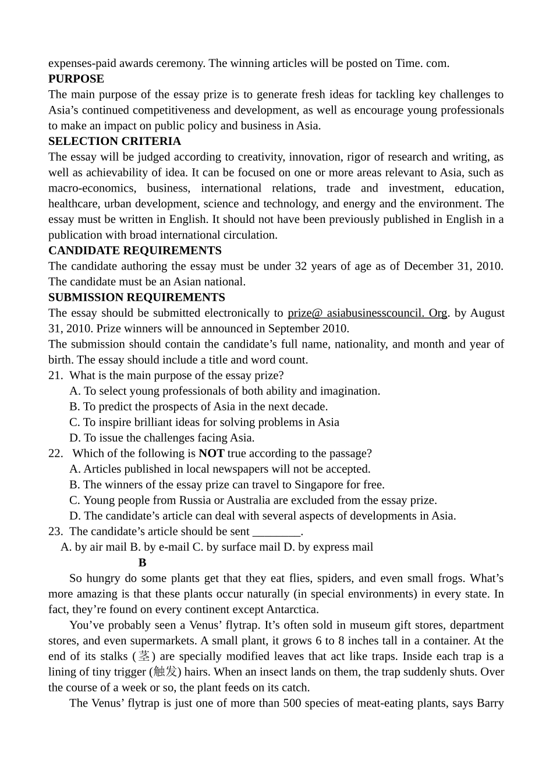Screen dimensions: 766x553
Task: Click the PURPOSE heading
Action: [x=76, y=79]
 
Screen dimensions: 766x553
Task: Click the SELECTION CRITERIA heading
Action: [x=114, y=141]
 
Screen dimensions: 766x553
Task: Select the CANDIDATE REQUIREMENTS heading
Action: [x=134, y=250]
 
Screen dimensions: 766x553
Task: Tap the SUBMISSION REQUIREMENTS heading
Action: [x=136, y=297]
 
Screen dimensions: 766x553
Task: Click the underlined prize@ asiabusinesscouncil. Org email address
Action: [x=367, y=313]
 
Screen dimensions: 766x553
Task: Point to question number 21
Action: [x=55, y=375]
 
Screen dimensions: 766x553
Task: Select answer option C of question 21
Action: [x=204, y=422]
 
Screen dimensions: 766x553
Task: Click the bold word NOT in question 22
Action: [x=211, y=453]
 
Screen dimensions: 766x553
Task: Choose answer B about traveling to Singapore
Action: [x=226, y=484]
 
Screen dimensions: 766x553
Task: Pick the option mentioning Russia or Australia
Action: [x=253, y=500]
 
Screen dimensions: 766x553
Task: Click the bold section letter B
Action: [x=143, y=563]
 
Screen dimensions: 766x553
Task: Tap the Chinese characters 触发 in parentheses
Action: [x=165, y=672]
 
